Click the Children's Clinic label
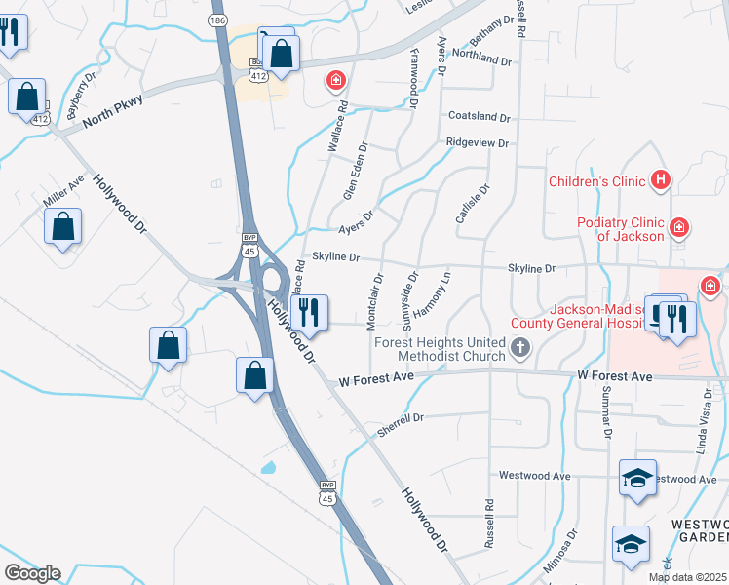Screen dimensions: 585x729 coord(596,180)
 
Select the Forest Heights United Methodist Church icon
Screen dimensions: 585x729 coord(521,347)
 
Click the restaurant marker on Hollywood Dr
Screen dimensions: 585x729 coord(309,313)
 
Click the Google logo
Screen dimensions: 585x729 coord(32,573)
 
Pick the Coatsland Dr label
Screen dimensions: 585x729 coord(479,117)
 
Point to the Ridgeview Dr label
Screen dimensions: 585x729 coord(477,143)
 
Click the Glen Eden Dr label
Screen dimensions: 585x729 coord(356,172)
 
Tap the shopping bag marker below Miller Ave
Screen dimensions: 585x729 coord(63,226)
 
